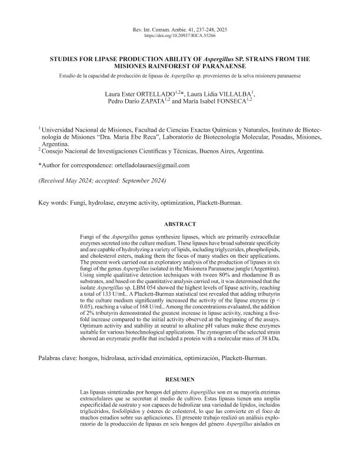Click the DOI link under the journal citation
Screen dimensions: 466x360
point(180,36)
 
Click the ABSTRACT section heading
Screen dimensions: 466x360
point(180,224)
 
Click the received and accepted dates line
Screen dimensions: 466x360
point(102,180)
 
